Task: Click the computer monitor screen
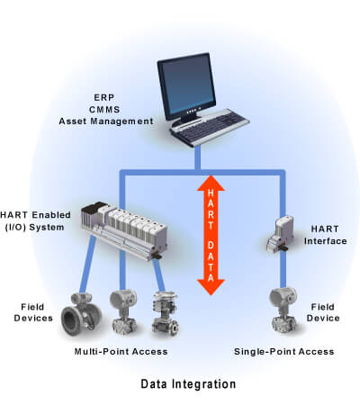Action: (187, 85)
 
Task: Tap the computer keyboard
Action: (210, 127)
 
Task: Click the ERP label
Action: (104, 97)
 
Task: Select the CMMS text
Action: (104, 110)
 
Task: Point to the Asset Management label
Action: (106, 121)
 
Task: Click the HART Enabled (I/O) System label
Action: (35, 221)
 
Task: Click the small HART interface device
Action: (280, 234)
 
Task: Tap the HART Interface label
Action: (325, 235)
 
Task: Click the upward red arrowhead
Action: (211, 183)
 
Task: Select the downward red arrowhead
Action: (211, 287)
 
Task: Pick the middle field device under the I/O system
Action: (123, 311)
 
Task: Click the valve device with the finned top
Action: (166, 313)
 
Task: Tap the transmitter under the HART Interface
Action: (283, 310)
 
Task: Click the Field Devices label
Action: (33, 312)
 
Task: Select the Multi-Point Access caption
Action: (121, 352)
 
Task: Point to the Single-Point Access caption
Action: (283, 352)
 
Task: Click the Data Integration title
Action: (188, 384)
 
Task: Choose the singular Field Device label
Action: (323, 312)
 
